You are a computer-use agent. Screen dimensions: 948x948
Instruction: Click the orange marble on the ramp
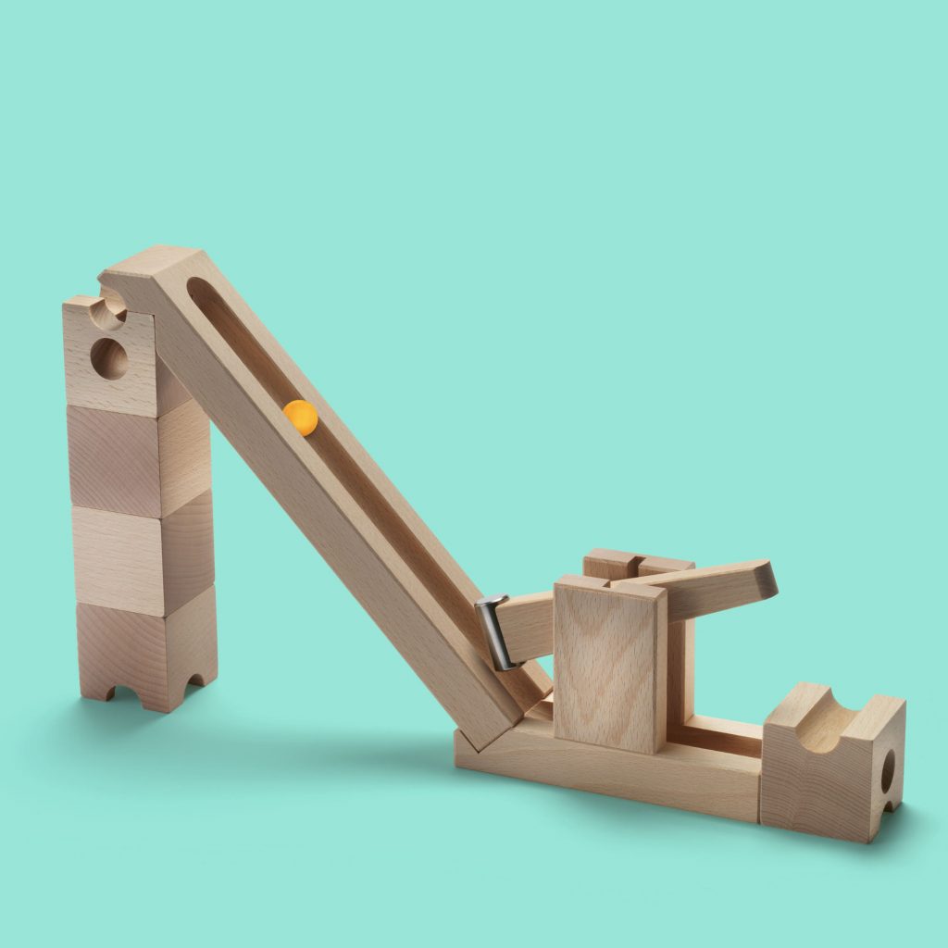(301, 418)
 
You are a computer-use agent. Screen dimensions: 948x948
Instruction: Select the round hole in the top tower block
(109, 358)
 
